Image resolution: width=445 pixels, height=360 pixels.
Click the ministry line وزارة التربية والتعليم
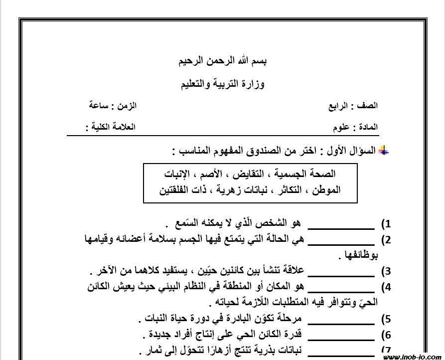point(222,83)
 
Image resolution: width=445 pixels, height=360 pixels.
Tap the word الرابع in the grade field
point(339,106)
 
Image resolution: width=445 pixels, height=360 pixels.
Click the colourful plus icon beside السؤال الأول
point(384,151)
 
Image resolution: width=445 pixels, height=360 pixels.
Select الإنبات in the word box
point(180,174)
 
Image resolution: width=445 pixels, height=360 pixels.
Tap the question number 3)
point(386,272)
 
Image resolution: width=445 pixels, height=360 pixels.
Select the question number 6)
point(386,336)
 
